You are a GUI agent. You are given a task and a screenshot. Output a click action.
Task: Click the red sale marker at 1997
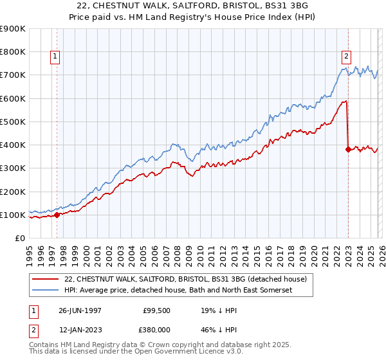tap(57, 215)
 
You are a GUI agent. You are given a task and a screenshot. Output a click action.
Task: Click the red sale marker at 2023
tap(348, 149)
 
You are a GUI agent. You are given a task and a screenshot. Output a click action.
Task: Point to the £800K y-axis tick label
tap(13, 51)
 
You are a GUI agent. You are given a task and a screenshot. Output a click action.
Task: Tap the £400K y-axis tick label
tap(13, 145)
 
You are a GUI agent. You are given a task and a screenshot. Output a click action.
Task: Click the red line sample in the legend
tap(46, 279)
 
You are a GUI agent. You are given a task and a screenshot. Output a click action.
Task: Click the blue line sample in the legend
tap(46, 291)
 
